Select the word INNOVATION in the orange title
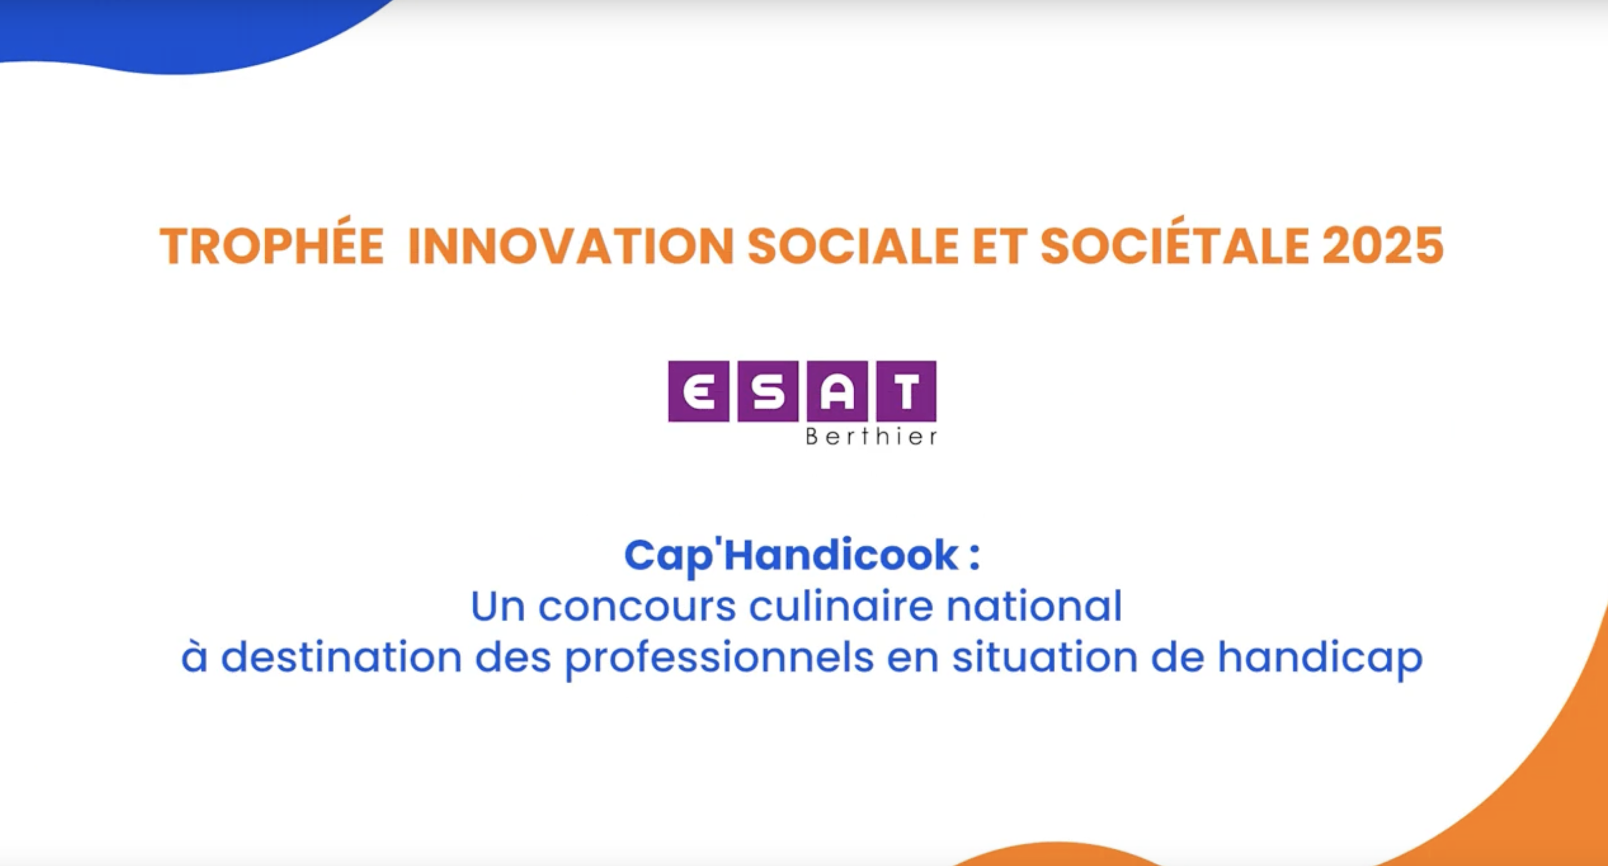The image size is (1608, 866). tap(570, 246)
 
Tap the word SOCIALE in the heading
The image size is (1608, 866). tap(853, 246)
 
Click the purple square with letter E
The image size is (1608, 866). tap(698, 391)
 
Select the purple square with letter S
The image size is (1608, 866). tap(768, 391)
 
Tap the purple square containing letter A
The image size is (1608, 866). tap(837, 391)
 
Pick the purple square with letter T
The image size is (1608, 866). tap(906, 391)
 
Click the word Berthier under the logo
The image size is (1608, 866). tap(871, 436)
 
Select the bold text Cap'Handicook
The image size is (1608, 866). tap(792, 555)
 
